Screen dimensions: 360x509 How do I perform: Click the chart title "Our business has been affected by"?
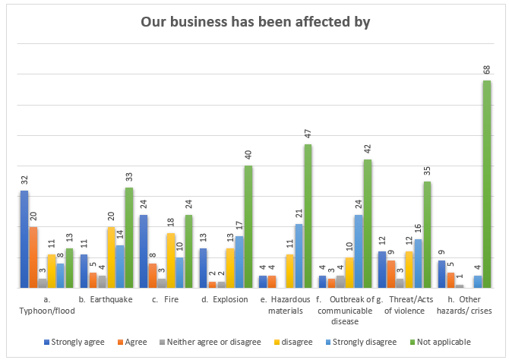tap(255, 22)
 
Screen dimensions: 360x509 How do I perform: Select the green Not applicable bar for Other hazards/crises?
tap(486, 185)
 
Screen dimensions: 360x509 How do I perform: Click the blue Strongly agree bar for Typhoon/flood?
tap(24, 239)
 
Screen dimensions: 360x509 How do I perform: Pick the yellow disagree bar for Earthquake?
tap(111, 257)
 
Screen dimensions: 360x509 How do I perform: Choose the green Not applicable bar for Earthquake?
tap(129, 238)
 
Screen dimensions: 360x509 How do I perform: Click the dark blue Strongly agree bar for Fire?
tap(143, 251)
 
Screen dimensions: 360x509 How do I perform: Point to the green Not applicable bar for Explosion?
tap(248, 227)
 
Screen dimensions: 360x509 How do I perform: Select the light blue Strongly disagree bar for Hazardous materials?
tap(299, 256)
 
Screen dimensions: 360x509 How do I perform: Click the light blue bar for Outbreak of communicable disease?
tap(358, 251)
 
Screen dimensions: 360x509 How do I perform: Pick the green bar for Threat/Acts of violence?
tap(427, 235)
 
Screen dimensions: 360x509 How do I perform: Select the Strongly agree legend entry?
tap(74, 342)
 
